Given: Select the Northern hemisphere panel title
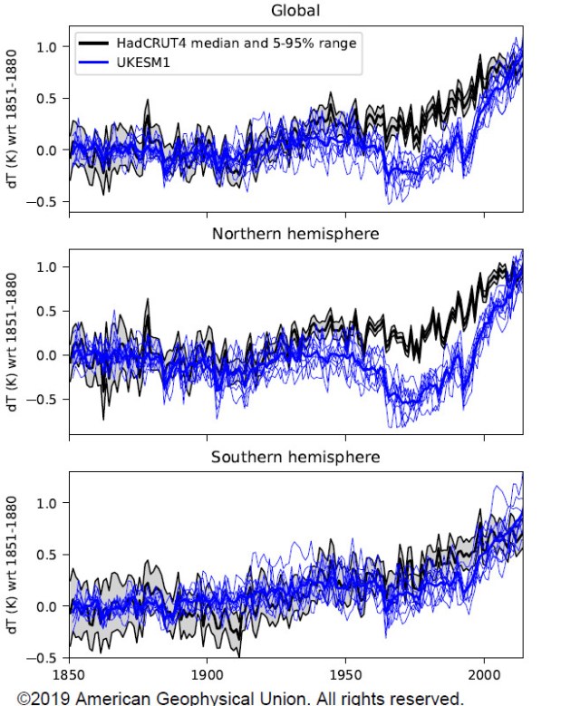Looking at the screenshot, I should click(295, 234).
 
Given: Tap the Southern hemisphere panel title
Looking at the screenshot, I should click(295, 456).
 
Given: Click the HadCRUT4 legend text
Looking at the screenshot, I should click(235, 43).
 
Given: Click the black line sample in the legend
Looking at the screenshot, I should click(94, 43).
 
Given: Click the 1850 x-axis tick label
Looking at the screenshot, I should click(69, 674).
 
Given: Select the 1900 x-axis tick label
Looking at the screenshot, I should click(207, 674).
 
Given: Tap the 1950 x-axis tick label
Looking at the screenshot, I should click(345, 674).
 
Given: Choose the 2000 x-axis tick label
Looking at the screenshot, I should click(483, 674).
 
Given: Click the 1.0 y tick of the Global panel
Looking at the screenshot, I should click(45, 47).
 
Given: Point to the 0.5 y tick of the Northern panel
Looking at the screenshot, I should click(45, 311).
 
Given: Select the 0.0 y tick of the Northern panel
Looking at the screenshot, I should click(45, 355).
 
